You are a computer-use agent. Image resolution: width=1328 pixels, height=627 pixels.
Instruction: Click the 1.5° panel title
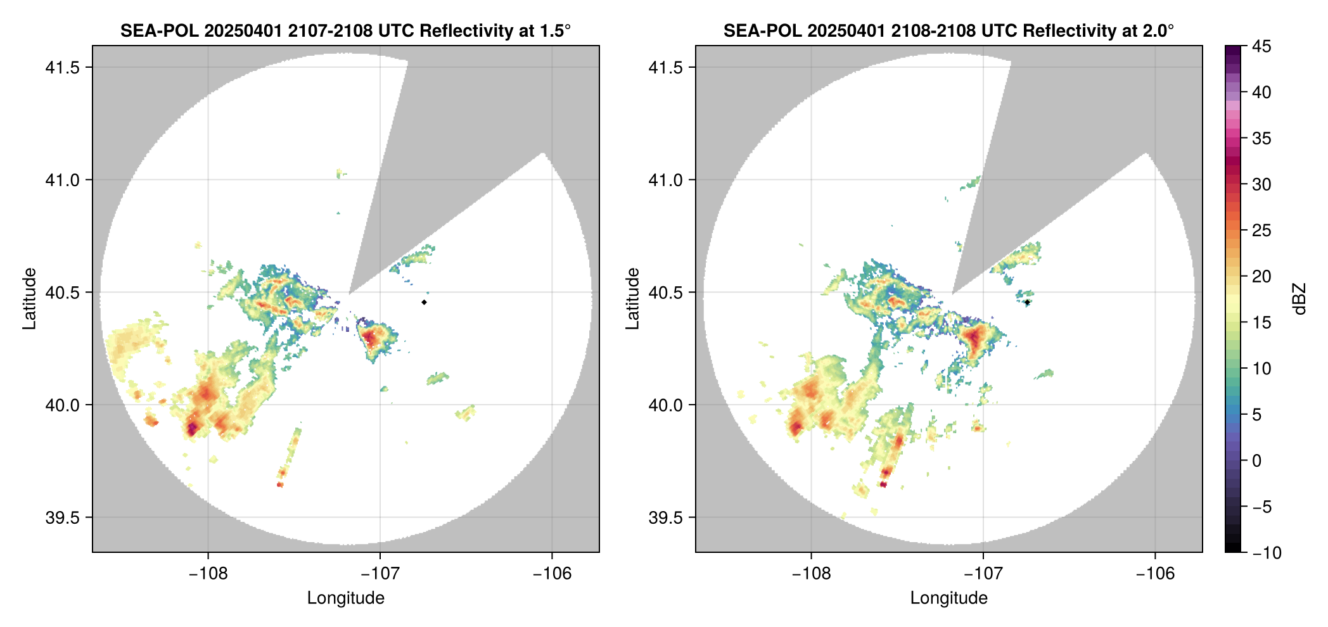(345, 30)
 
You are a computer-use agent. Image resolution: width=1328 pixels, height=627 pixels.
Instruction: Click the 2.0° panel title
(948, 30)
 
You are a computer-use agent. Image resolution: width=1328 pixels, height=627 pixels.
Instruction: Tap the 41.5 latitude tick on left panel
(62, 68)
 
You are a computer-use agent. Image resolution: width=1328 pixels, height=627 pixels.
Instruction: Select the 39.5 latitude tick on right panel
(665, 517)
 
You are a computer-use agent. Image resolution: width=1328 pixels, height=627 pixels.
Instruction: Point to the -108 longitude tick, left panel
(208, 574)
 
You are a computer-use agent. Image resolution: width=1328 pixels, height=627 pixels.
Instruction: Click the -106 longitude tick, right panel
(1155, 574)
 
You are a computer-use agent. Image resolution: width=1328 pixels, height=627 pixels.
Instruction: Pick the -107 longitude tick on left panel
(380, 574)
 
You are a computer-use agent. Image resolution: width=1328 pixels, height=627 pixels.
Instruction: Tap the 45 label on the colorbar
(1261, 46)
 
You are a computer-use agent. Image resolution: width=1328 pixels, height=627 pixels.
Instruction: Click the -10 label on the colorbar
(1267, 553)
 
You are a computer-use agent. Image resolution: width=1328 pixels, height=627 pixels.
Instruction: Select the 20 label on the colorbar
(1261, 277)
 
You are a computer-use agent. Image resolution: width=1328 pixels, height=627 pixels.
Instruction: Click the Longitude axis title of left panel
(345, 598)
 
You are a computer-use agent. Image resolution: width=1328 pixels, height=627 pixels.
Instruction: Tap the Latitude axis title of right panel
(632, 299)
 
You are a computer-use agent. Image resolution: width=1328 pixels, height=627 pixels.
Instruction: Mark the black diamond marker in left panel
(424, 302)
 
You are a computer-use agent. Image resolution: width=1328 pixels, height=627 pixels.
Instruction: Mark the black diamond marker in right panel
(1027, 302)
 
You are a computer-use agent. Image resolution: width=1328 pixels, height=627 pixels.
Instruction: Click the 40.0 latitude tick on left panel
(62, 405)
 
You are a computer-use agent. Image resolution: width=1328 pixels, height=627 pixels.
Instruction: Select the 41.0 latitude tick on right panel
(665, 180)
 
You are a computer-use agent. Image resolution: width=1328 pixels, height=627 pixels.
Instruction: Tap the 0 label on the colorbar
(1256, 461)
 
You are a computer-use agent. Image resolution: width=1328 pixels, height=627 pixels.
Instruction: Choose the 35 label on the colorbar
(1261, 139)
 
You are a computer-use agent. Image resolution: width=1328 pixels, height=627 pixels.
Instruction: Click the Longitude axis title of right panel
(948, 598)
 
